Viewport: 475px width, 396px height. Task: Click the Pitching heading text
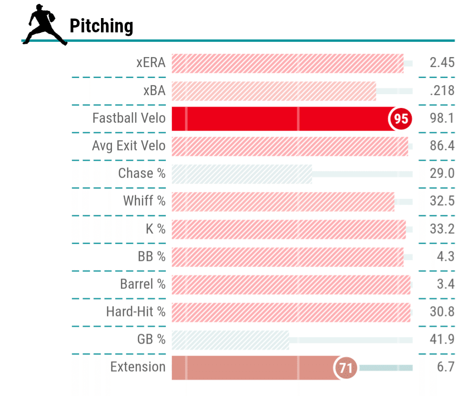101,26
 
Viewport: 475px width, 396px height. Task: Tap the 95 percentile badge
401,119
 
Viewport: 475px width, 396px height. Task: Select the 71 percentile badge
346,368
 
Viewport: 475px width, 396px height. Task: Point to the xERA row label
151,63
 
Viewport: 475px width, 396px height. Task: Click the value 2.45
442,63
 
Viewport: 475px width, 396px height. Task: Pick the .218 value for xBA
442,90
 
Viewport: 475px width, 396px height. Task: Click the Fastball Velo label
129,118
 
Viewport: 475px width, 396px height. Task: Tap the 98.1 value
442,118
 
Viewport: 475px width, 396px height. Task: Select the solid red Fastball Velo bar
281,119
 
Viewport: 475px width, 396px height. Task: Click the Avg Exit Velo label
129,146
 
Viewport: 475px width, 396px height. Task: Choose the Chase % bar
241,174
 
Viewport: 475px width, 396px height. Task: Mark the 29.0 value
442,173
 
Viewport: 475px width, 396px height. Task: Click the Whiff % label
144,201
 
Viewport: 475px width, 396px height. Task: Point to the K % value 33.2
442,229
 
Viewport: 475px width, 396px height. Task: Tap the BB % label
152,257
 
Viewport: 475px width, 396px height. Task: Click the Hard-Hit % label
136,312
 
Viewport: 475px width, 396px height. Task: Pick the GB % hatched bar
230,340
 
